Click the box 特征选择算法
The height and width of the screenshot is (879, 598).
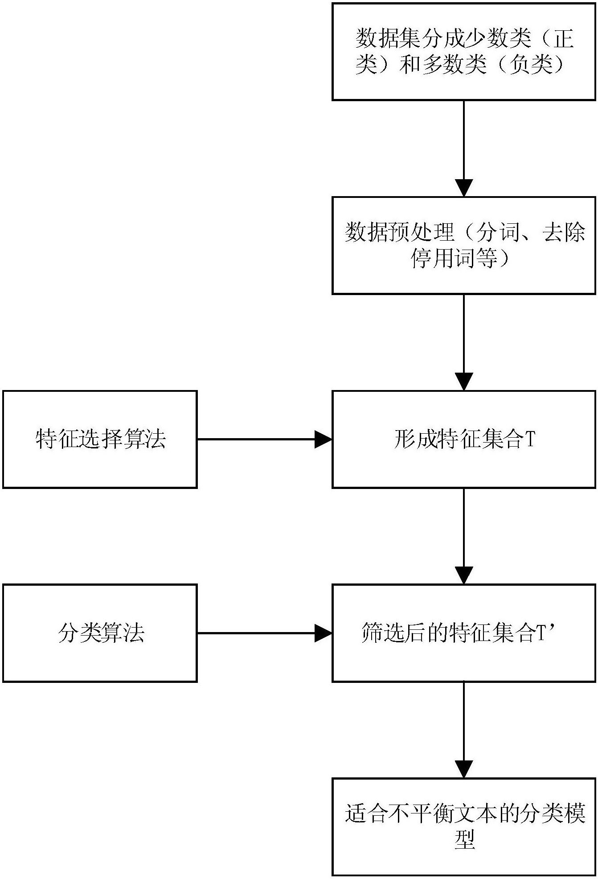(100, 439)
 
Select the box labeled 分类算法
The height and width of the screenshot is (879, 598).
(100, 633)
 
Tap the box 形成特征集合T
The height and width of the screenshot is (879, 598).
(464, 439)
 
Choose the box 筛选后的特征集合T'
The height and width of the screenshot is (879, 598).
(464, 633)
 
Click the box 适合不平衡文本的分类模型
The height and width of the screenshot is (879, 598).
(464, 827)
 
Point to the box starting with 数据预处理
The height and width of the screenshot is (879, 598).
(464, 246)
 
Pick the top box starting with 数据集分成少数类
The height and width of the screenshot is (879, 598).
(464, 52)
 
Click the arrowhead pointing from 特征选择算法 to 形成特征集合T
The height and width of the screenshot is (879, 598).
(324, 439)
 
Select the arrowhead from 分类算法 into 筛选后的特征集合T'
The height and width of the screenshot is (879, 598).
(324, 633)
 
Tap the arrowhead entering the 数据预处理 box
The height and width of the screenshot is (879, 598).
(464, 188)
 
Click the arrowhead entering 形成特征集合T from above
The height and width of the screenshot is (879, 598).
(464, 382)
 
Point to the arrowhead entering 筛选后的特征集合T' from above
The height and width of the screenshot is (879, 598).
(464, 575)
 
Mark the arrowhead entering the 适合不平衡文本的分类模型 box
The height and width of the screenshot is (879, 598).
(464, 769)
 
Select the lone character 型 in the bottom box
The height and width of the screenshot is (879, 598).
(464, 840)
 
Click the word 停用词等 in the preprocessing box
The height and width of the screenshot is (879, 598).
(454, 259)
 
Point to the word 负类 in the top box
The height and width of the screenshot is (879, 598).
(532, 65)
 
